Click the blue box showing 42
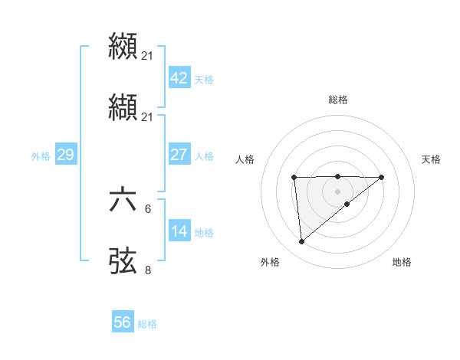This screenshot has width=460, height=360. (x=179, y=78)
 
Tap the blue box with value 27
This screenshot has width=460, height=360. (x=179, y=155)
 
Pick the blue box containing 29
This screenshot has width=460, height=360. (x=65, y=155)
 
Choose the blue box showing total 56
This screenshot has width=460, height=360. (x=122, y=322)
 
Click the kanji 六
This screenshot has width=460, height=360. (x=123, y=201)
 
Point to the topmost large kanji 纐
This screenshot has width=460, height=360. (x=123, y=46)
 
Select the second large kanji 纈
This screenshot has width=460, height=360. (x=123, y=107)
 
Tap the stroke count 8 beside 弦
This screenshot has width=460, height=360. (x=148, y=270)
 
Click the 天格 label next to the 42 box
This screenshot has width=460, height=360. (x=204, y=79)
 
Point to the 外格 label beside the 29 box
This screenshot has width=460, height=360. (x=41, y=155)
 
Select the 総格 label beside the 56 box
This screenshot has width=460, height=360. (x=147, y=323)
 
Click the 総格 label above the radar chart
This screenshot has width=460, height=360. (x=337, y=100)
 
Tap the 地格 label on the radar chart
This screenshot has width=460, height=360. (x=402, y=263)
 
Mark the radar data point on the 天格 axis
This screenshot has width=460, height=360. (x=382, y=177)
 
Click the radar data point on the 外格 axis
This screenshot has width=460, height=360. (x=302, y=242)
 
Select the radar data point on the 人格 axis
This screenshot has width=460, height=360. (x=294, y=178)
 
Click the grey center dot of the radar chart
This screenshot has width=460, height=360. (x=337, y=191)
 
